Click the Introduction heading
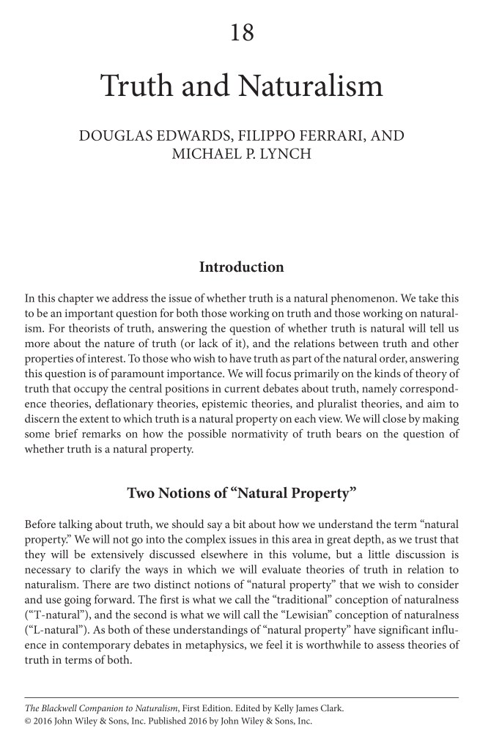click(241, 267)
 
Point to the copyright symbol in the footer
click(29, 721)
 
